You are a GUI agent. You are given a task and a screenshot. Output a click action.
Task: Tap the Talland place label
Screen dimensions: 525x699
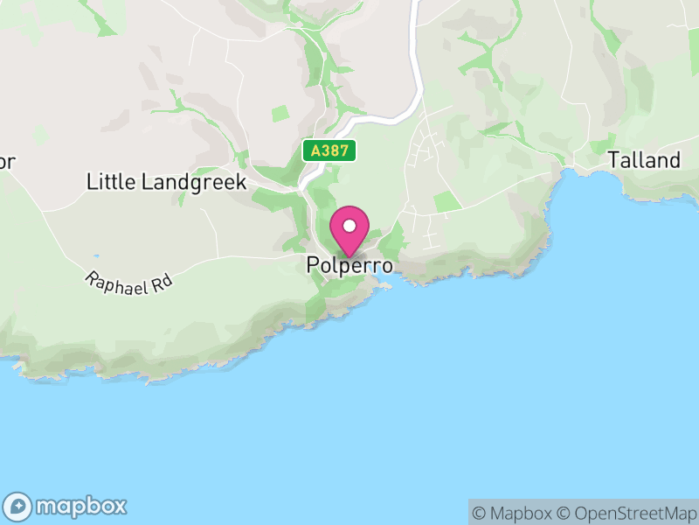644,160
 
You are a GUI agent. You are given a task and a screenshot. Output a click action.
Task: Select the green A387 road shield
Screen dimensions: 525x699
330,150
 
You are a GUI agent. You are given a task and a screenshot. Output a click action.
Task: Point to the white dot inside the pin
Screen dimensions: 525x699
349,225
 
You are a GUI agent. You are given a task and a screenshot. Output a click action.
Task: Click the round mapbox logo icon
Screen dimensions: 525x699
19,506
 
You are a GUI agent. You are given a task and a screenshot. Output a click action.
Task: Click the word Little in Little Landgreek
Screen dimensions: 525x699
108,182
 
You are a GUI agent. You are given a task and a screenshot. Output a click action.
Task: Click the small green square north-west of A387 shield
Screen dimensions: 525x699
280,113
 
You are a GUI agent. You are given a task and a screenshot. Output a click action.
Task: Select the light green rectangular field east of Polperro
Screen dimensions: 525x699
446,201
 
